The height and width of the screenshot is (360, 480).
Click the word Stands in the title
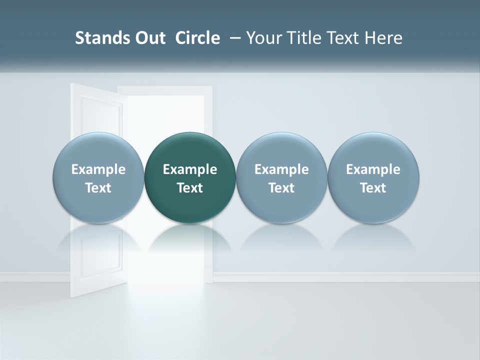(96, 38)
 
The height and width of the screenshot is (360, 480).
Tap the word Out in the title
(144, 38)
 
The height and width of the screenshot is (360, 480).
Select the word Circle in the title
(197, 38)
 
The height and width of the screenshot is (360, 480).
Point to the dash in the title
(233, 38)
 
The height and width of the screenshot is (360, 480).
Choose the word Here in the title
(383, 38)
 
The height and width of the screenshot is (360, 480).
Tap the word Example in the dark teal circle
(190, 169)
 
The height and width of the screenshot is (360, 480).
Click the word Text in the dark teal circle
(190, 188)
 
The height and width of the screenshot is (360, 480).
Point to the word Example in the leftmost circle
(98, 169)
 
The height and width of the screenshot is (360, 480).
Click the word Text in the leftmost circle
(98, 188)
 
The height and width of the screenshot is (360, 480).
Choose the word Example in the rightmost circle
(373, 169)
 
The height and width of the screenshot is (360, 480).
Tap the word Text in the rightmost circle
(373, 188)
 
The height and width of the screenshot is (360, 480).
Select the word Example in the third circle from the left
(281, 169)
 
